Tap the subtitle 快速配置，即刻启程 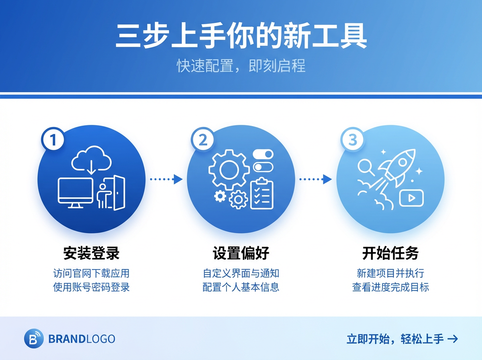241,66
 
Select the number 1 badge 53,140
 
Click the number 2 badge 203,140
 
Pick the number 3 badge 352,140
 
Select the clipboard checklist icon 262,194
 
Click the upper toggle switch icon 263,154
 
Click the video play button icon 411,198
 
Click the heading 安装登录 91,254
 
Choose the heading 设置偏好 241,254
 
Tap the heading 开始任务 390,254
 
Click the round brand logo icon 34,339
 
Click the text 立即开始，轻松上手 396,339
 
